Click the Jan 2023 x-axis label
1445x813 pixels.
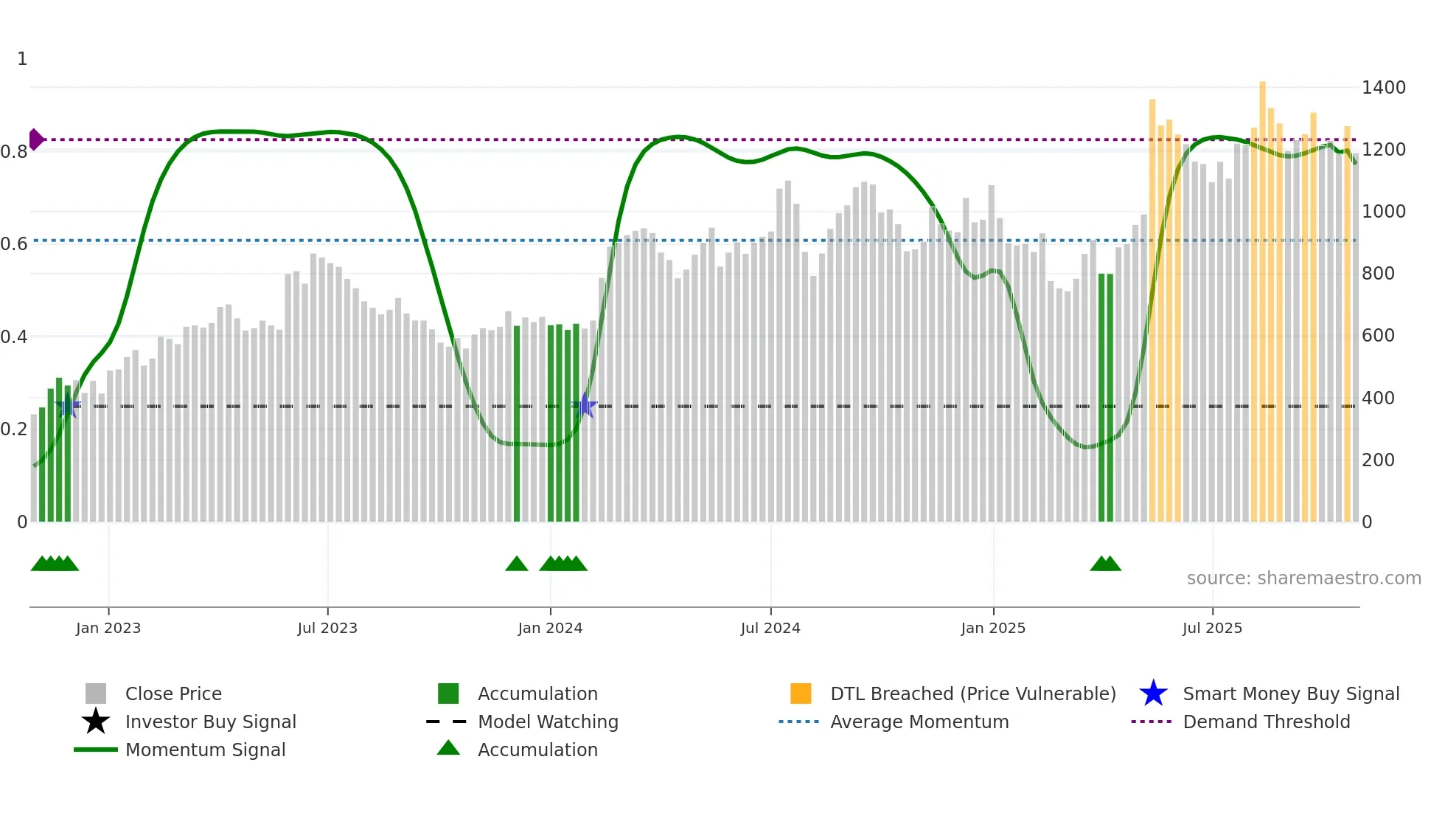[108, 628]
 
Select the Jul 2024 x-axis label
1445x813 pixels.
[770, 628]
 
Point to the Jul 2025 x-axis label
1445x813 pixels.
[1212, 628]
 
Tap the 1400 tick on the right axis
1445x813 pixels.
[1383, 88]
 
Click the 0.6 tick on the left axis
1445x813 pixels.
[14, 244]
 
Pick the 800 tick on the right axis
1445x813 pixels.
[1378, 274]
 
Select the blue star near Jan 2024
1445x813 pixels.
[585, 405]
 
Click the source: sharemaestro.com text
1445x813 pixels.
[1303, 578]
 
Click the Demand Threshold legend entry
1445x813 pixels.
[1266, 722]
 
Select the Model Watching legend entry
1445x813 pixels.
[548, 722]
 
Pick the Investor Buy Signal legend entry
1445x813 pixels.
[210, 722]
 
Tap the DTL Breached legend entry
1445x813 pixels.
[972, 694]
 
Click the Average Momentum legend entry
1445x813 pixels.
[919, 722]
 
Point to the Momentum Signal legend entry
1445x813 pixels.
[205, 750]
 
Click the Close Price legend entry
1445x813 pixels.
[173, 694]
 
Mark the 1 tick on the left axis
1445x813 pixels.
[22, 59]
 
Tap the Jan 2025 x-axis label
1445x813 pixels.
[992, 628]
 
